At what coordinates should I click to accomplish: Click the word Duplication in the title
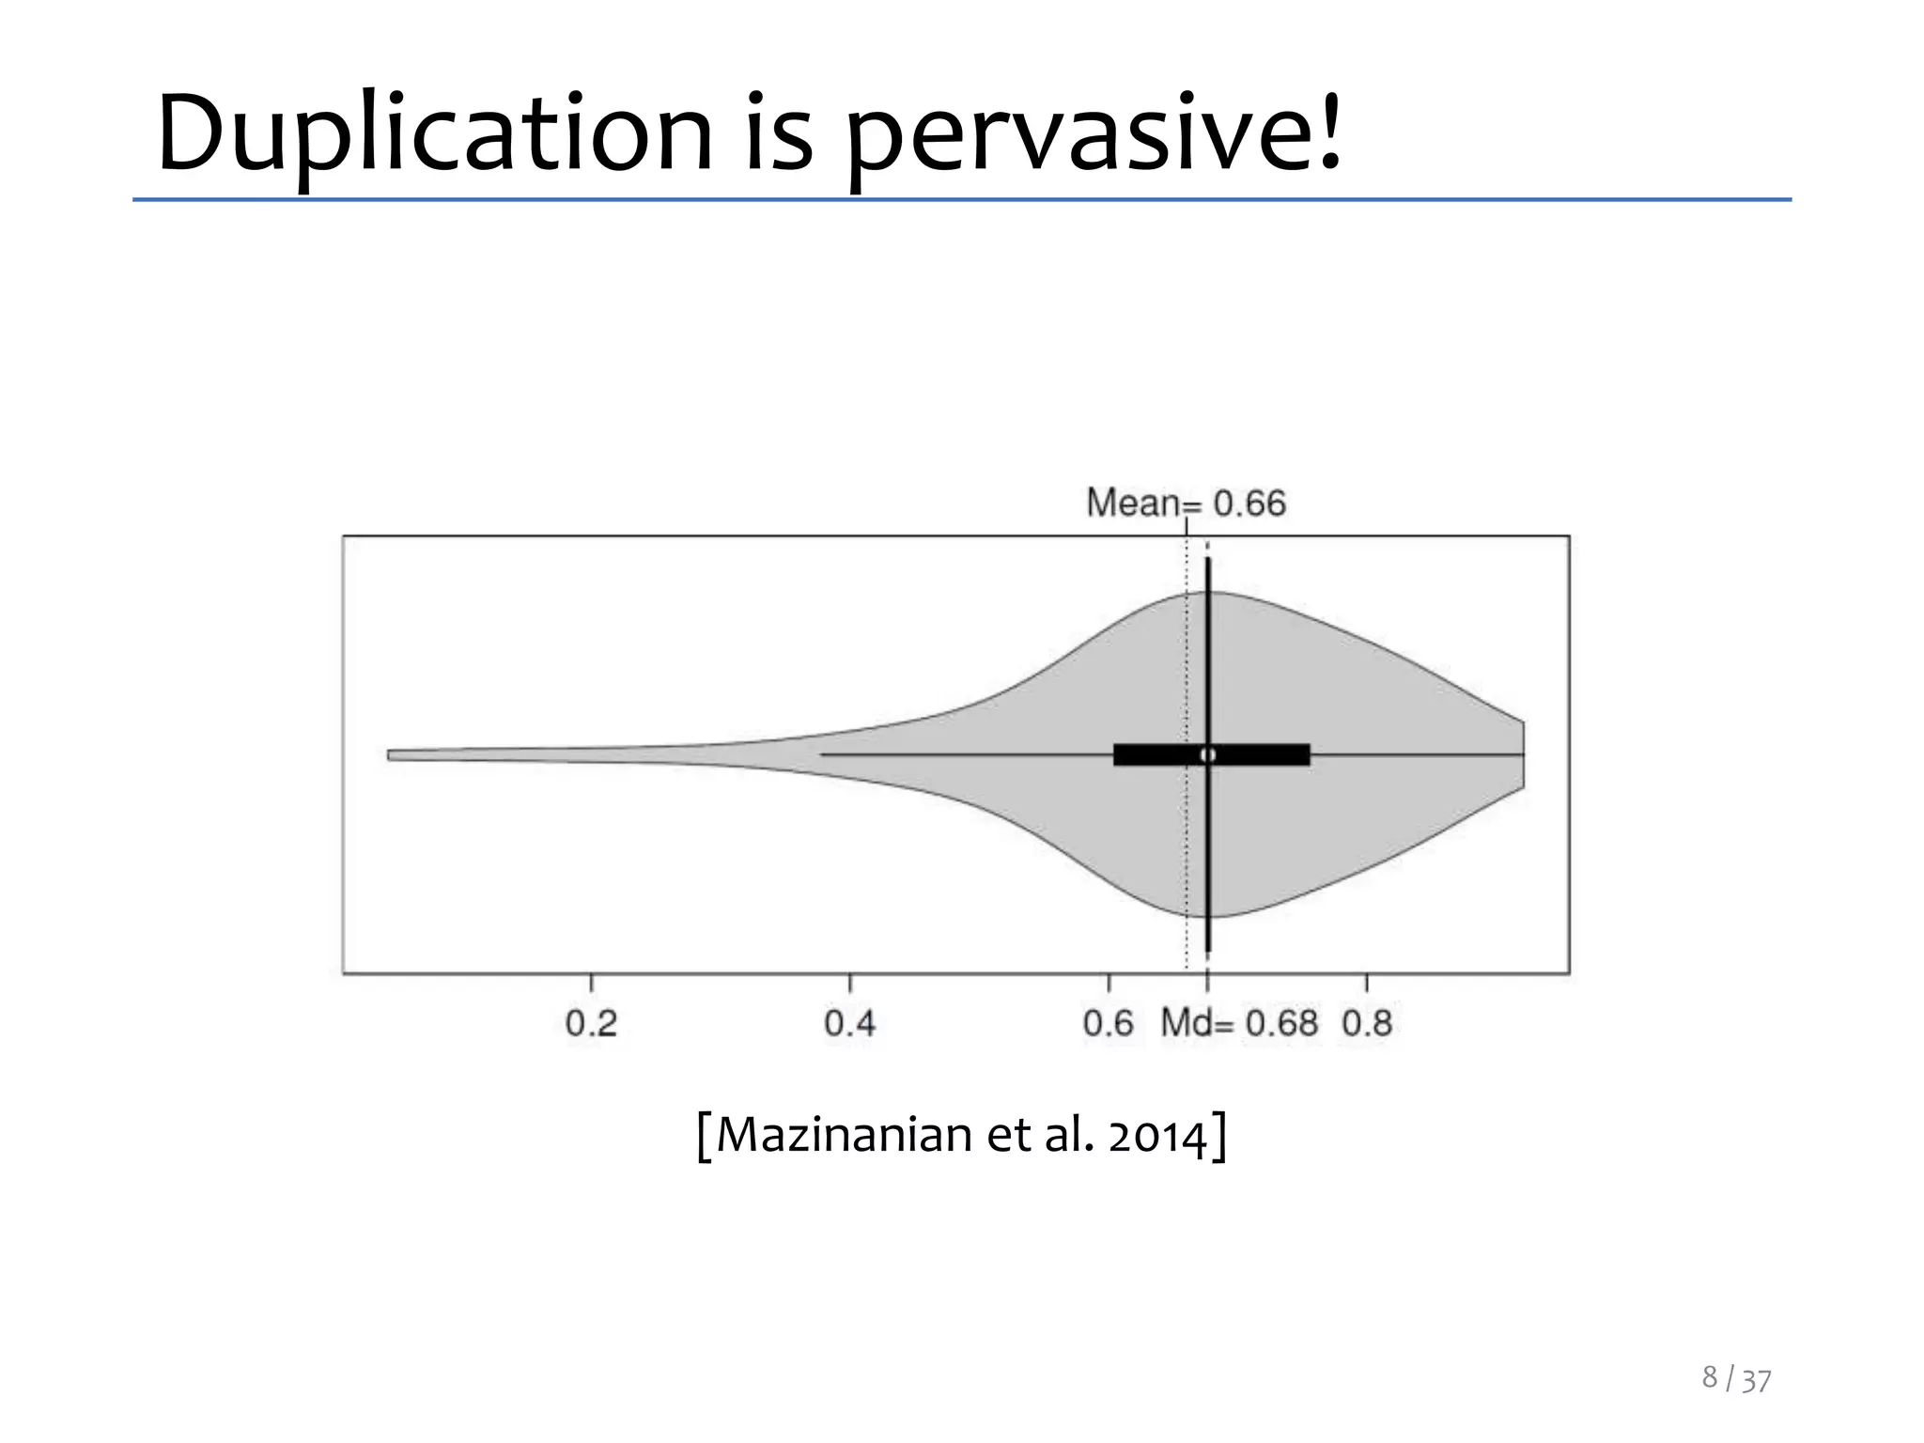(x=434, y=133)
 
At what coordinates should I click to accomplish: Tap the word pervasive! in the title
(x=1094, y=133)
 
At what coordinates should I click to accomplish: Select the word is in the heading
(x=779, y=133)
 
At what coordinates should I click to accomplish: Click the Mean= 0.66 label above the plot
(x=1186, y=504)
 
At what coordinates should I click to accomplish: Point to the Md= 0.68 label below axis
(x=1238, y=1023)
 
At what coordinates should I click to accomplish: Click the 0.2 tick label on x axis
(x=591, y=1023)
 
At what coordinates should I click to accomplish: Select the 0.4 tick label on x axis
(x=849, y=1023)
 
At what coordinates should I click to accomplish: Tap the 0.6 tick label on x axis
(x=1108, y=1023)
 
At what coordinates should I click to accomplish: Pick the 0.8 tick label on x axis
(x=1366, y=1023)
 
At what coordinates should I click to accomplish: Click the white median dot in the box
(x=1208, y=754)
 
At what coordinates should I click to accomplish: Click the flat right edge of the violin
(x=1523, y=754)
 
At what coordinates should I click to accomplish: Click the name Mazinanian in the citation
(x=844, y=1135)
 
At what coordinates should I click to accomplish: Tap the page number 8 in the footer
(x=1710, y=1377)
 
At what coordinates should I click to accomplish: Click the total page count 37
(x=1756, y=1381)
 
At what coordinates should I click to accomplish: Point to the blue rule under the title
(x=962, y=200)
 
